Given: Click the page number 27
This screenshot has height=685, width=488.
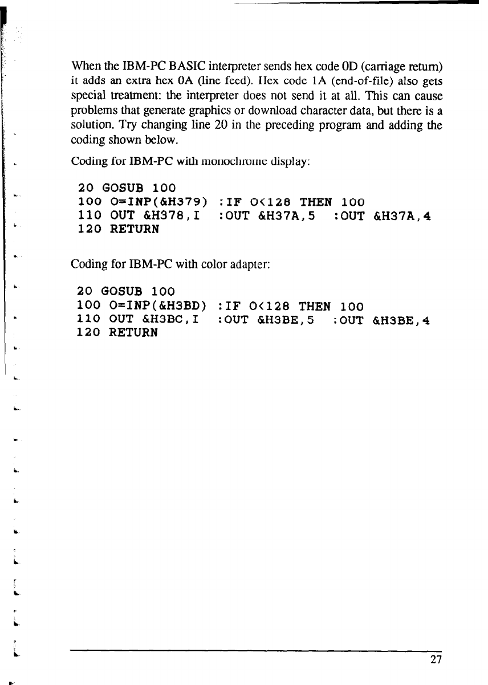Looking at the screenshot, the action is point(437,660).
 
